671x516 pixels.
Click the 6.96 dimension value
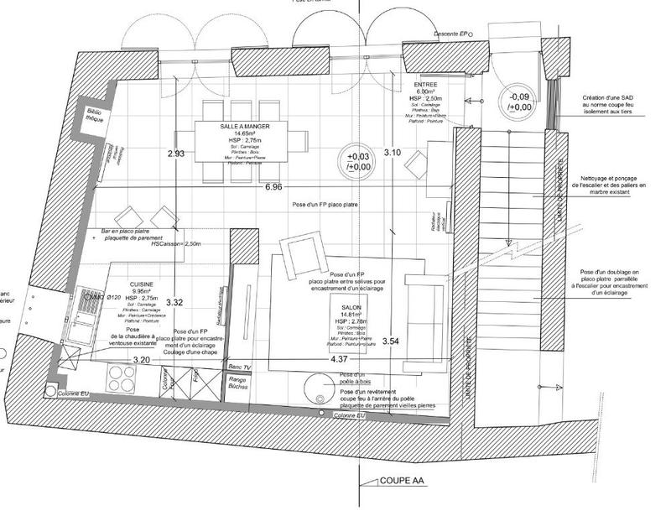(x=273, y=188)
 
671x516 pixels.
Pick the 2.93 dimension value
(x=175, y=154)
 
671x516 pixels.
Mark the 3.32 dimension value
(x=175, y=301)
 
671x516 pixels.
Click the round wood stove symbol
(x=319, y=388)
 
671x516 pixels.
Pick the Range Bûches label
(x=241, y=386)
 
